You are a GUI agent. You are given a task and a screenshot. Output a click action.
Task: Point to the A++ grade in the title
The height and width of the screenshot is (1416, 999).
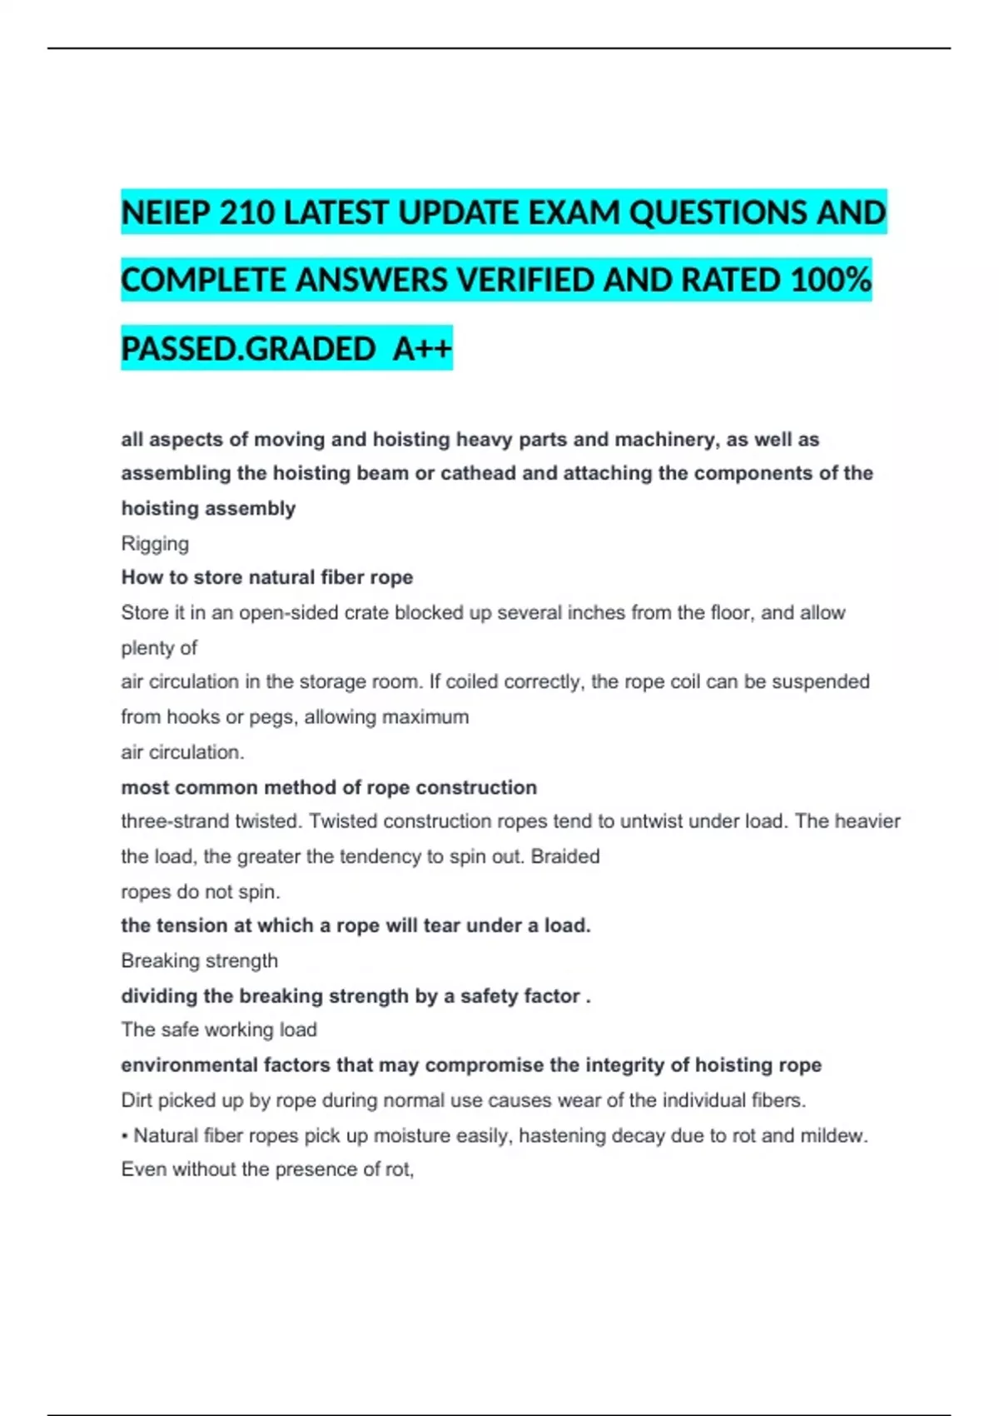pos(423,349)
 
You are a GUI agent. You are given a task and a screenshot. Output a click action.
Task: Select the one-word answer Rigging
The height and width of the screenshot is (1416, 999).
pos(155,544)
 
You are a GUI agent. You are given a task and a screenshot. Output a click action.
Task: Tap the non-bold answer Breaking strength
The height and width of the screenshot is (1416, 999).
pos(200,960)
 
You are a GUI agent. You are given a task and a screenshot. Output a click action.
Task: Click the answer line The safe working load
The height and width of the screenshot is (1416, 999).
pos(219,1030)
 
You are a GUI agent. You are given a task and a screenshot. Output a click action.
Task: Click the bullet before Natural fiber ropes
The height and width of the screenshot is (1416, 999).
pos(125,1136)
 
